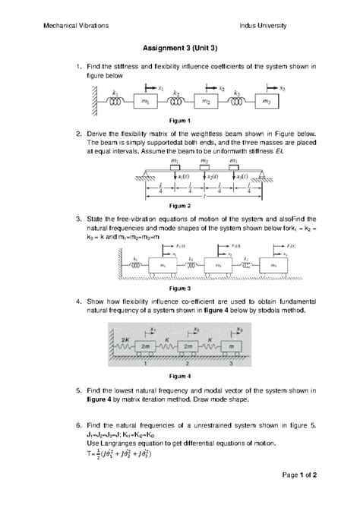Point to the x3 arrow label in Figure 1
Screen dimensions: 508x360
pyautogui.click(x=283, y=88)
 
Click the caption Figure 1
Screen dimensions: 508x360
pyautogui.click(x=180, y=121)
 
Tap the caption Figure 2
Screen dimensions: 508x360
pyautogui.click(x=180, y=206)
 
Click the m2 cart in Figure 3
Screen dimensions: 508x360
pyautogui.click(x=226, y=267)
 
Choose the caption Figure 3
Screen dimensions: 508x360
pyautogui.click(x=180, y=289)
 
